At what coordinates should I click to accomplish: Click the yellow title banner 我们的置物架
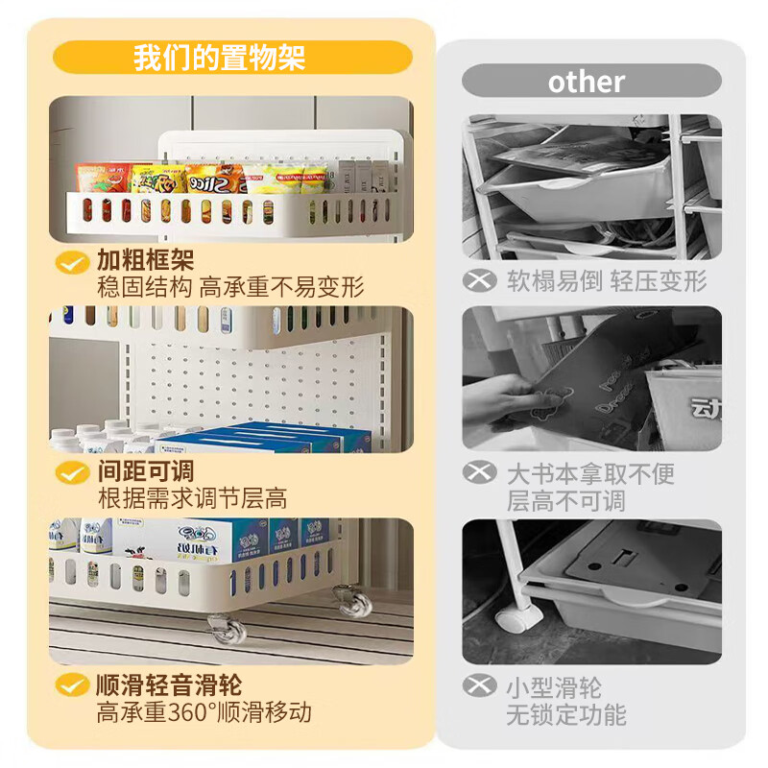pos(232,58)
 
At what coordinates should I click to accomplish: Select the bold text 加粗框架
pos(145,260)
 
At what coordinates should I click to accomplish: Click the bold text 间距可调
pos(145,471)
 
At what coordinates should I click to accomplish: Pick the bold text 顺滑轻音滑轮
pos(168,685)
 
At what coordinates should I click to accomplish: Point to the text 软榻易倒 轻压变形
pos(607,281)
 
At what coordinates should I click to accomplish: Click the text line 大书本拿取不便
pos(591,473)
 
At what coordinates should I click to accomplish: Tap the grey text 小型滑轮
pos(554,687)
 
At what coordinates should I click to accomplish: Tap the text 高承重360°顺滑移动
pos(204,713)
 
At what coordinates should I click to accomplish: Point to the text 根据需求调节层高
pos(192,499)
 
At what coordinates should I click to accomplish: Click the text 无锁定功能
pos(566,715)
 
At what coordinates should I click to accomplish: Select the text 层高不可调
pos(566,500)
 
